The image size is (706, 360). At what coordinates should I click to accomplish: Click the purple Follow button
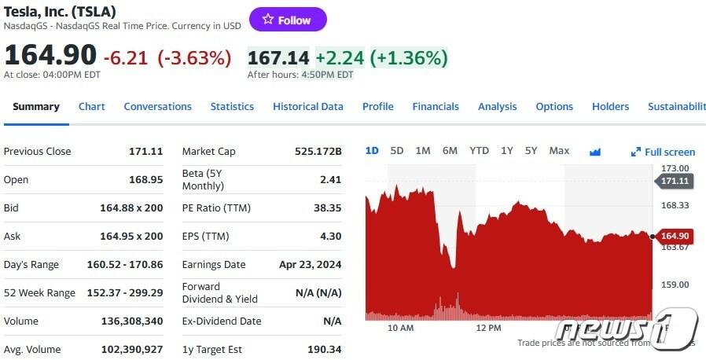288,20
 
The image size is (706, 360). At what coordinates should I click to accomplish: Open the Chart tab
91,107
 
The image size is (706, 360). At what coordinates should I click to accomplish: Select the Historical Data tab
307,107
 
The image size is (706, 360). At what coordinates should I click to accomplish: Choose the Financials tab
435,107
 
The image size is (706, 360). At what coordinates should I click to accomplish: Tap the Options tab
554,107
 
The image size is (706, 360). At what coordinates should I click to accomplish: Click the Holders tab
610,107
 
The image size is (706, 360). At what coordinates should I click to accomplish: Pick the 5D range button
396,151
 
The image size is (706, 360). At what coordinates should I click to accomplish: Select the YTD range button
479,151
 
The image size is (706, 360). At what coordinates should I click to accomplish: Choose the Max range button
559,151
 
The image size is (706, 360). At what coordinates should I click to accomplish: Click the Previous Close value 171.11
145,152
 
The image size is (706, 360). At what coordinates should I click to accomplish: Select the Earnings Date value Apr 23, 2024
310,265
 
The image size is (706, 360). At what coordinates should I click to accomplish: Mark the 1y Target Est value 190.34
325,350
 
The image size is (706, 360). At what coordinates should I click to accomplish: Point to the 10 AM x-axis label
400,328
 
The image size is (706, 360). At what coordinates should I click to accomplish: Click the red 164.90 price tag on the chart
674,236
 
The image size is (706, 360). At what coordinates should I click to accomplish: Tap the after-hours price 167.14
278,57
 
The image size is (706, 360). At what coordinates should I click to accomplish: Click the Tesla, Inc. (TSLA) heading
60,11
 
